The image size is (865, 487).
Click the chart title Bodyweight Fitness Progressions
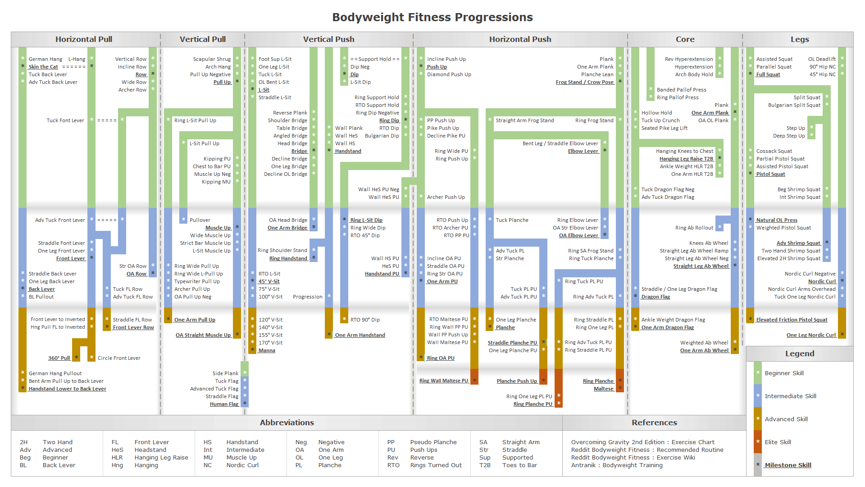click(432, 17)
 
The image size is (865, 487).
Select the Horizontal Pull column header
click(84, 39)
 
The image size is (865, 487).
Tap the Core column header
click(685, 39)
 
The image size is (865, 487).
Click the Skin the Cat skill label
click(43, 67)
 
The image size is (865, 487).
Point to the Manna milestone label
click(267, 350)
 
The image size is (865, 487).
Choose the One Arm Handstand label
click(360, 335)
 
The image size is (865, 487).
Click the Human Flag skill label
click(224, 404)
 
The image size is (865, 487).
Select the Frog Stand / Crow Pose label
click(584, 82)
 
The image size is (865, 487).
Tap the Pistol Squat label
click(770, 174)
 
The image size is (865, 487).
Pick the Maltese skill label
click(603, 389)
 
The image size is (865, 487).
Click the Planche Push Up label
click(517, 381)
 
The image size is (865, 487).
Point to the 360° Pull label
click(59, 358)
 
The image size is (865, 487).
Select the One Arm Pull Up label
click(195, 320)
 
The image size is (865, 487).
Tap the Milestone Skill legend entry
click(788, 465)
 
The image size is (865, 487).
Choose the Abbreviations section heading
click(287, 423)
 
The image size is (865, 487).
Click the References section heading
click(654, 423)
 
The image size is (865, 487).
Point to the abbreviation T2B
click(485, 465)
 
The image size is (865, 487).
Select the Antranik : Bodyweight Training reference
click(617, 465)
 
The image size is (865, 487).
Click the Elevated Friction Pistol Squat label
click(792, 320)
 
